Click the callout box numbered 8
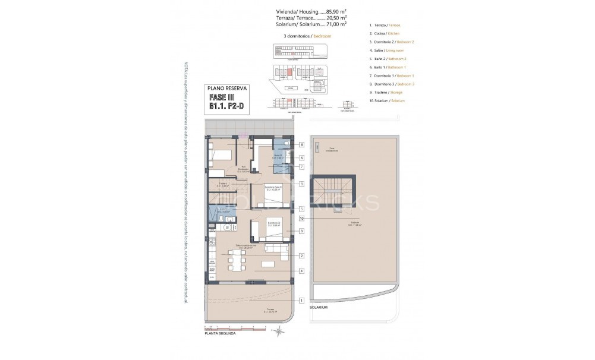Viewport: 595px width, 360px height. pyautogui.click(x=302, y=144)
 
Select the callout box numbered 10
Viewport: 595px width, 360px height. pyautogui.click(x=302, y=218)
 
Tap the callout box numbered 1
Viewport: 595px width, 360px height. pyautogui.click(x=302, y=301)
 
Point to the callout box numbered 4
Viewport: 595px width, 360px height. pyautogui.click(x=302, y=271)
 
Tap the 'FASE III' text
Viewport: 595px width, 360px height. pyautogui.click(x=222, y=97)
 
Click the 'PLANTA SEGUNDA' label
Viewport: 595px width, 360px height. pyautogui.click(x=219, y=333)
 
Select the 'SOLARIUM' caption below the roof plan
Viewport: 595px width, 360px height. pyautogui.click(x=319, y=308)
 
